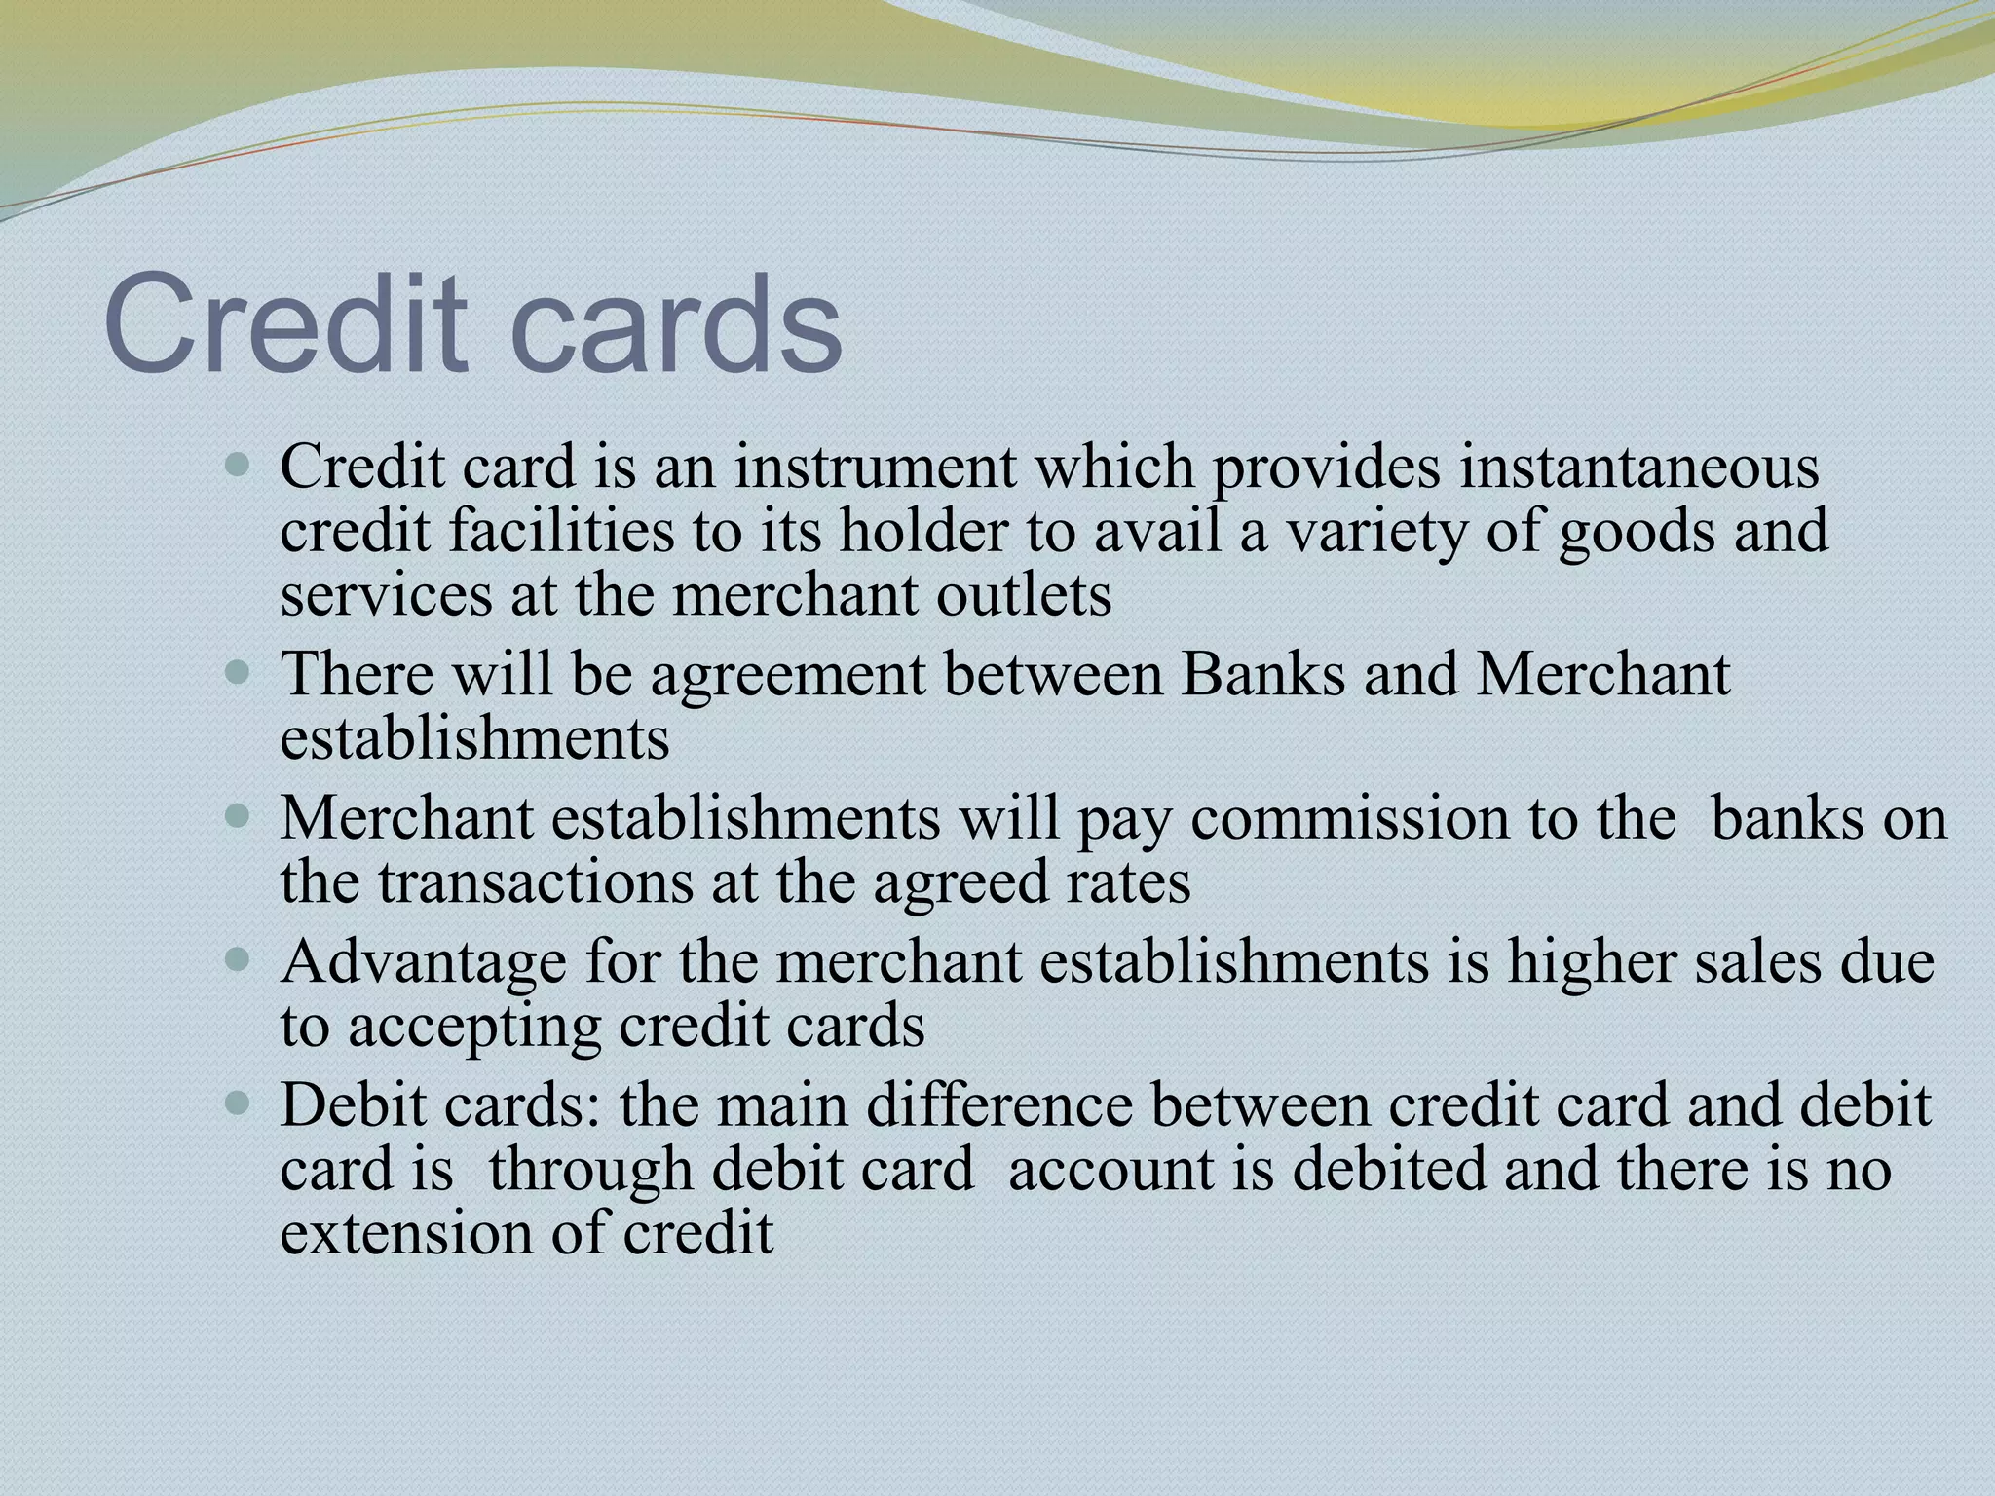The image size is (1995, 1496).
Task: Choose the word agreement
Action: (788, 674)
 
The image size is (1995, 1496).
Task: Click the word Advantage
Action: (423, 962)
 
